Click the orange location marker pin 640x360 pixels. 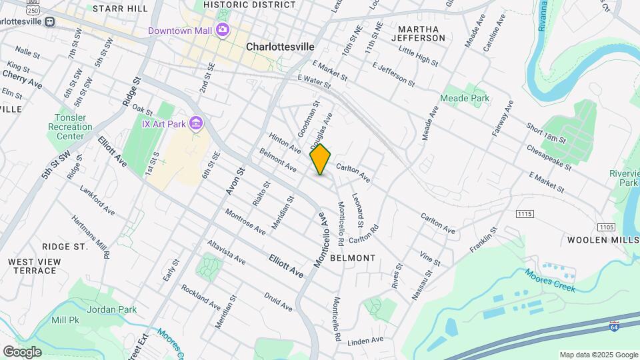tap(321, 159)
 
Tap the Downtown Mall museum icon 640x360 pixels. tap(222, 30)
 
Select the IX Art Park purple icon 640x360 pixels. tap(196, 123)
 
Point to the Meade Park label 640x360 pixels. tap(465, 98)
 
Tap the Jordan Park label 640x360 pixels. tap(112, 309)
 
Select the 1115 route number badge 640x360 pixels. tap(525, 213)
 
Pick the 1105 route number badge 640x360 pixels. tap(606, 227)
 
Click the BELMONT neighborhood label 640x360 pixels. tap(353, 257)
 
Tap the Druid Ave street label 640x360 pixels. tap(278, 302)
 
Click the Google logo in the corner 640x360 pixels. tap(22, 351)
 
